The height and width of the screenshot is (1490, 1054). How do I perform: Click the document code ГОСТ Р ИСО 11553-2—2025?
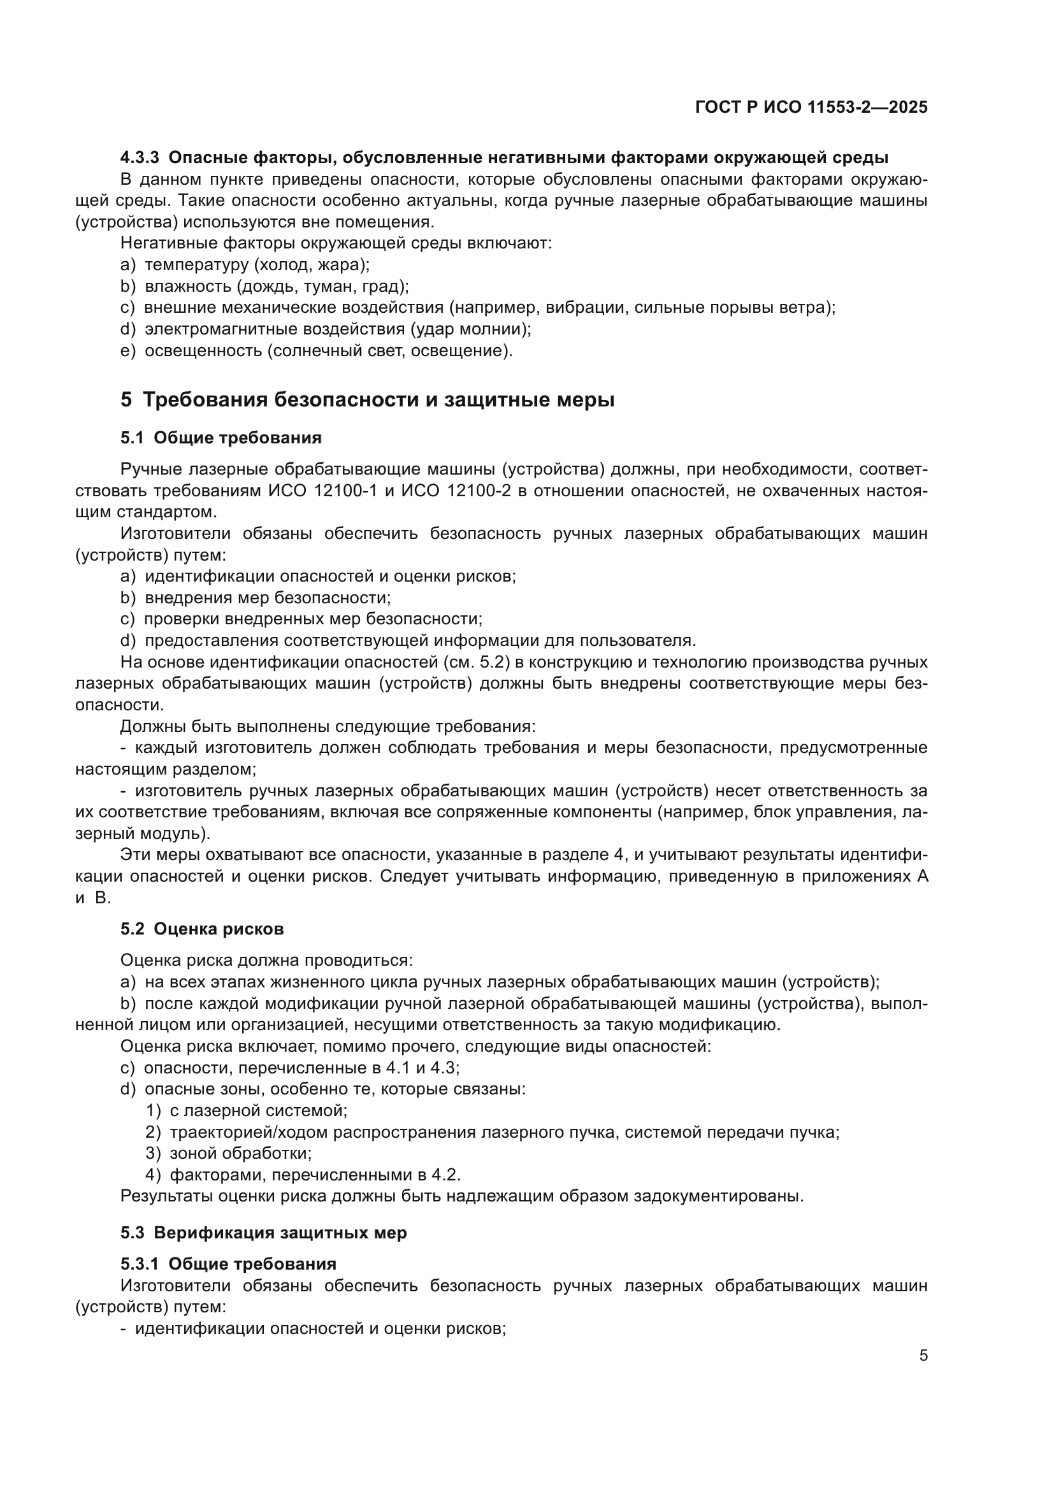click(811, 107)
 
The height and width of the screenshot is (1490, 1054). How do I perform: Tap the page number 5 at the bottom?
click(923, 1356)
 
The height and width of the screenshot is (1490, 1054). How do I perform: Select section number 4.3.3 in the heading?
click(140, 158)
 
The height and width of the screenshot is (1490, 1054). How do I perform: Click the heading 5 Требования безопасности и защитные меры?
click(367, 400)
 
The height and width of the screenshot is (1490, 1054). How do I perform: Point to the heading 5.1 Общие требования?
click(220, 438)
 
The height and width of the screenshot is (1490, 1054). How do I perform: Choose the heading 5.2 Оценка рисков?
click(202, 929)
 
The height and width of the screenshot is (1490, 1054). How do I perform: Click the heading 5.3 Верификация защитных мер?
click(264, 1233)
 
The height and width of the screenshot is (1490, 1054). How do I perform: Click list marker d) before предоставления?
click(128, 641)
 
